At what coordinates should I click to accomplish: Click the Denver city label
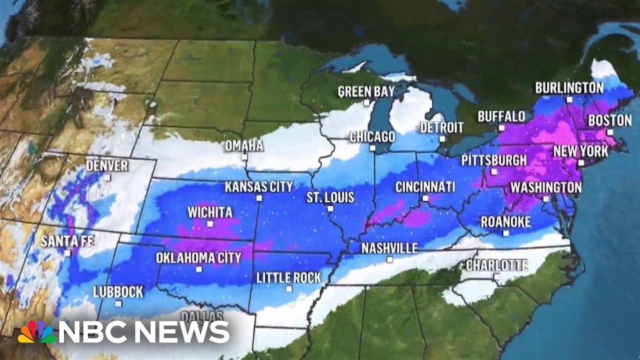pyautogui.click(x=107, y=165)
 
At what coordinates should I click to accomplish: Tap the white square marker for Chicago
pyautogui.click(x=372, y=148)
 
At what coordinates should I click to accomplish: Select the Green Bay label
pyautogui.click(x=366, y=91)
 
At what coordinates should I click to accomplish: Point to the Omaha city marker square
pyautogui.click(x=244, y=157)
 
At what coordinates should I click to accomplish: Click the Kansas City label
pyautogui.click(x=258, y=187)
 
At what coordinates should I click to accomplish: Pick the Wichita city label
pyautogui.click(x=210, y=212)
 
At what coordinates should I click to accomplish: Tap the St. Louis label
pyautogui.click(x=330, y=197)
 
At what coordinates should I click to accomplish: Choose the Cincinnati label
pyautogui.click(x=425, y=187)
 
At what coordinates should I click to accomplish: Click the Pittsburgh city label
pyautogui.click(x=494, y=160)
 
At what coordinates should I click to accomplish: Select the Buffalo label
pyautogui.click(x=501, y=116)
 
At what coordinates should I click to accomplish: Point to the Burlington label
pyautogui.click(x=569, y=88)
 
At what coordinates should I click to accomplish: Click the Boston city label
pyautogui.click(x=609, y=120)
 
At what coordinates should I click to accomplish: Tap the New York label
pyautogui.click(x=580, y=151)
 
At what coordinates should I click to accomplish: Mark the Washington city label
pyautogui.click(x=545, y=187)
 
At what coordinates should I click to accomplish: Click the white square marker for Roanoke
pyautogui.click(x=505, y=233)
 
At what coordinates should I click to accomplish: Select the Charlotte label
pyautogui.click(x=496, y=264)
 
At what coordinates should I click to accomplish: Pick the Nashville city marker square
pyautogui.click(x=389, y=259)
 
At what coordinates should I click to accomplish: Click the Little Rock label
pyautogui.click(x=288, y=278)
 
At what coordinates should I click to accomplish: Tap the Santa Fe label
pyautogui.click(x=67, y=241)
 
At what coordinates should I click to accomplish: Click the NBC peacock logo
pyautogui.click(x=36, y=331)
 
